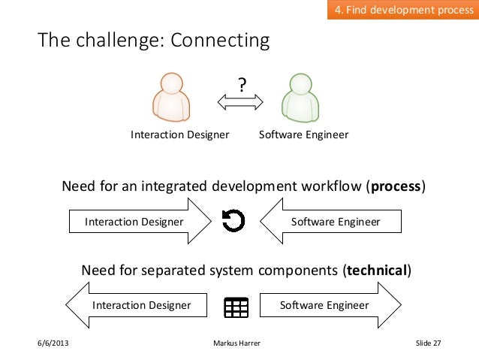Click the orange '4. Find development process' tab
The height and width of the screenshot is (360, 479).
pyautogui.click(x=402, y=11)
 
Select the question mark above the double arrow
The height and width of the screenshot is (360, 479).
pyautogui.click(x=242, y=86)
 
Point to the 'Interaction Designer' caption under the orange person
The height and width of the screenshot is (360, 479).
pyautogui.click(x=179, y=135)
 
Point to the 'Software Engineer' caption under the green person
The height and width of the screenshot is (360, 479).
pyautogui.click(x=303, y=135)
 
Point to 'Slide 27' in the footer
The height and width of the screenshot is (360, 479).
pyautogui.click(x=428, y=344)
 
